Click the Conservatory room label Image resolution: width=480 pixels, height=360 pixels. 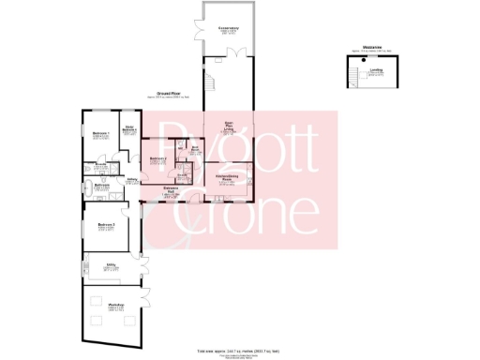(227, 30)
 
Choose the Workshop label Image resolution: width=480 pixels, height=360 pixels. (115, 308)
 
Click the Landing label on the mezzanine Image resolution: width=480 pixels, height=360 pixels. (376, 69)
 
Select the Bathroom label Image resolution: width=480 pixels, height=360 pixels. (103, 186)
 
